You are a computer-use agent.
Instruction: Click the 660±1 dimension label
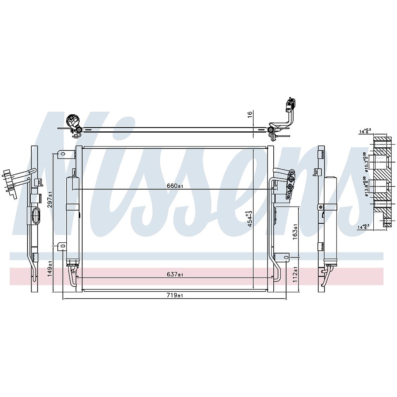point(175,186)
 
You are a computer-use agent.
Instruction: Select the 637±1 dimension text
point(175,274)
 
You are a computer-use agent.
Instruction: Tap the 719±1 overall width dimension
point(175,295)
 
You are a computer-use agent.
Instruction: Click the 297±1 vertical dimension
point(50,199)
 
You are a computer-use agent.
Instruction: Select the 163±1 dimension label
point(295,231)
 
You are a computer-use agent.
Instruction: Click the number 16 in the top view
point(250,114)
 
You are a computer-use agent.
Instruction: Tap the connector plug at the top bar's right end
point(290,105)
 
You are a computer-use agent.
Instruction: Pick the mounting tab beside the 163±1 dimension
point(283,257)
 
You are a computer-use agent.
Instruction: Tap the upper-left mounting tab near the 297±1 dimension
point(62,155)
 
